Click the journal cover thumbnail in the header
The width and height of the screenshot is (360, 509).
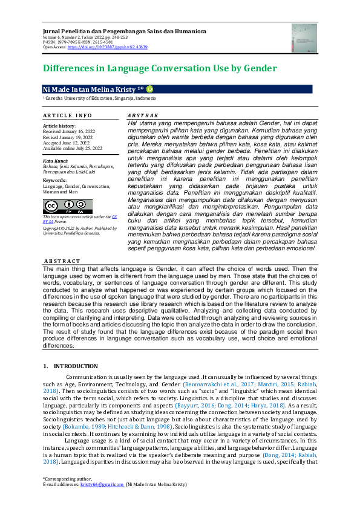coord(304,37)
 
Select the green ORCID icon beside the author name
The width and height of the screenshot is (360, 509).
coord(149,89)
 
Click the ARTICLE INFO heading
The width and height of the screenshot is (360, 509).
coord(67,115)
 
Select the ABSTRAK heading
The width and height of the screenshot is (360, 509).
coord(143,115)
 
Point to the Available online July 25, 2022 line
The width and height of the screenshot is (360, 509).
coord(73,148)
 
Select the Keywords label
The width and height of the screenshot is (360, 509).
coord(54,180)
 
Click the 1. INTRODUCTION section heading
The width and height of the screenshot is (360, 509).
coord(70,366)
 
